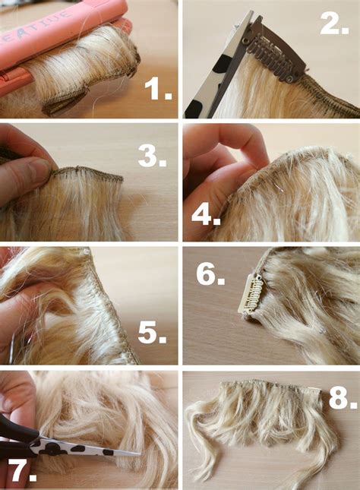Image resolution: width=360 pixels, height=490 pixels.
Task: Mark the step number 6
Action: pyautogui.click(x=210, y=273)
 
